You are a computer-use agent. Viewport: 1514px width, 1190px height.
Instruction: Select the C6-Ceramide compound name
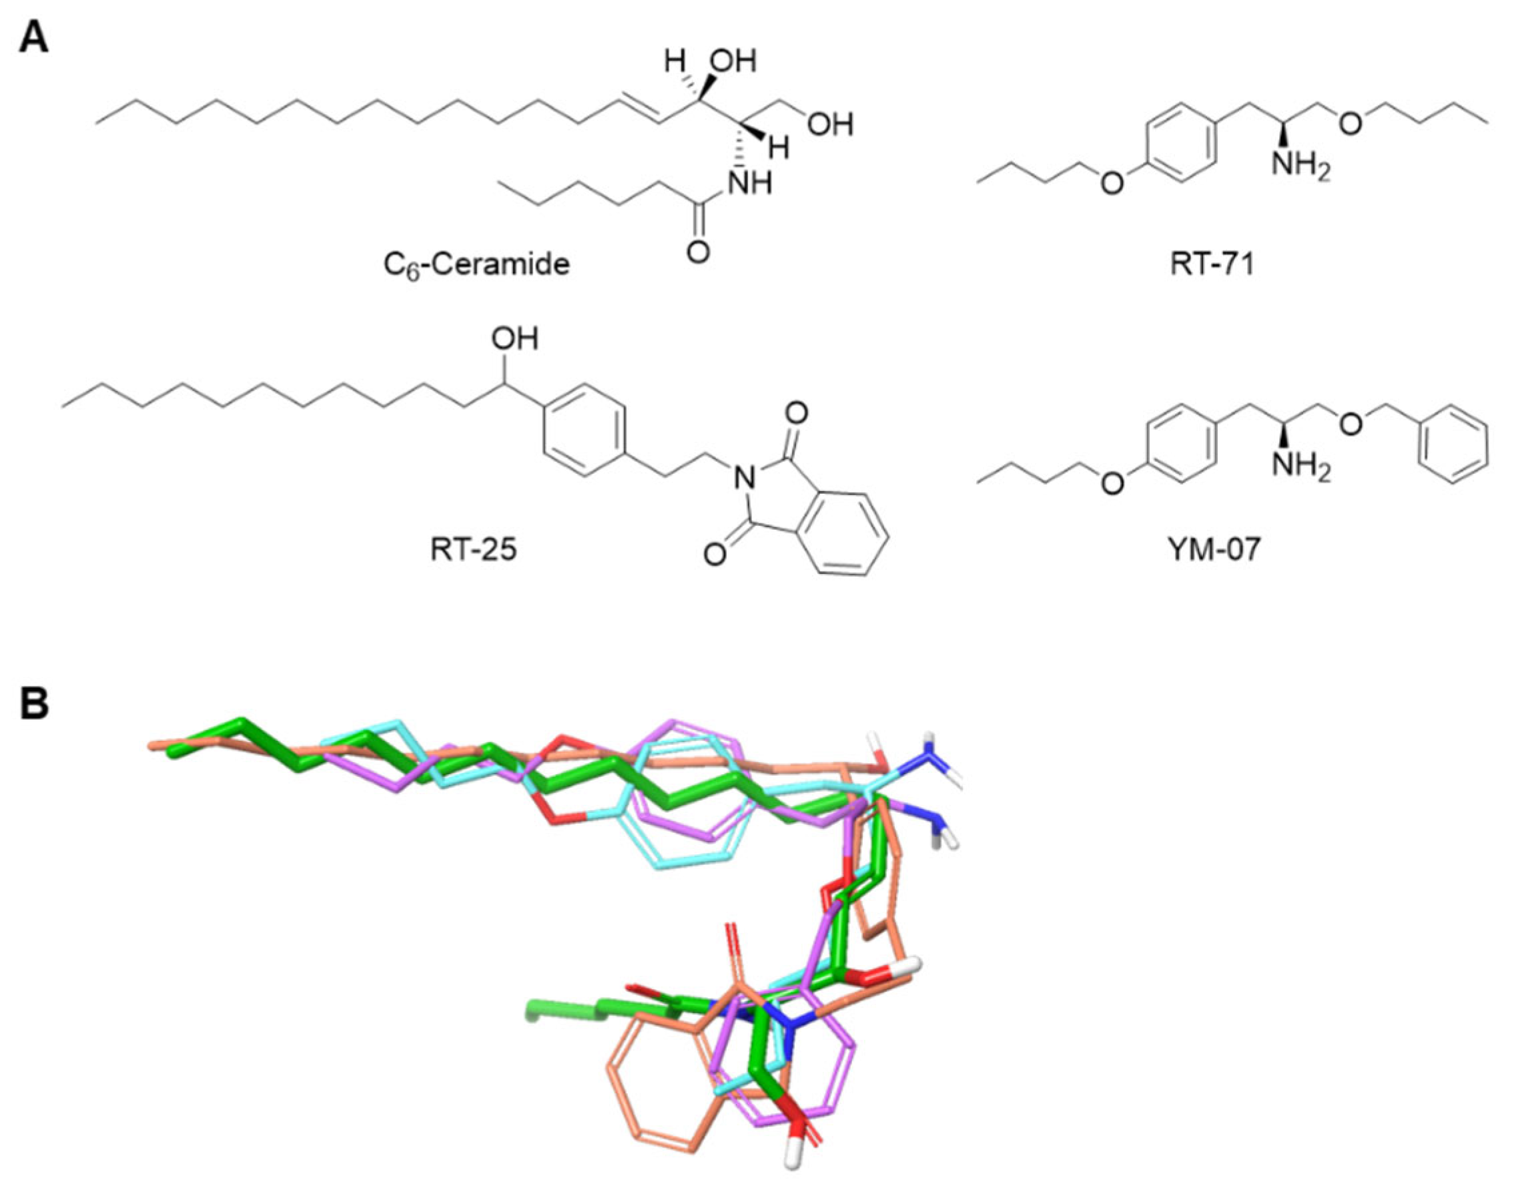476,264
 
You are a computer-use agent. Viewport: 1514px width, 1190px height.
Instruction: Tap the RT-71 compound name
1213,264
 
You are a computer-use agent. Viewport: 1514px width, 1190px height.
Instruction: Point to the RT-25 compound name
473,550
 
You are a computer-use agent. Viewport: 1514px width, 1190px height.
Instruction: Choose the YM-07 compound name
1213,550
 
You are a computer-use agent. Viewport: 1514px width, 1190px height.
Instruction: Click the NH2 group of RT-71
1300,168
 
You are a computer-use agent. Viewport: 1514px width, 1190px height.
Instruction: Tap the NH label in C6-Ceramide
751,184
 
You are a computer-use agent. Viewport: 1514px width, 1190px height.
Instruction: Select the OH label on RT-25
514,339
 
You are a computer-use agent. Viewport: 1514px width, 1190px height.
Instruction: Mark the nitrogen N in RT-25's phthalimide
746,477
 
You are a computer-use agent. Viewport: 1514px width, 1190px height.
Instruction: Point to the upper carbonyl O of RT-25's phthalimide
796,414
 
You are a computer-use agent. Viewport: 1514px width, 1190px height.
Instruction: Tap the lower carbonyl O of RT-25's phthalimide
715,555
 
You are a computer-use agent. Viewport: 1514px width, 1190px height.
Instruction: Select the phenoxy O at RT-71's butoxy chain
1113,184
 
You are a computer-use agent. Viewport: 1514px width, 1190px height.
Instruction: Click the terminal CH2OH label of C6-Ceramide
830,125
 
